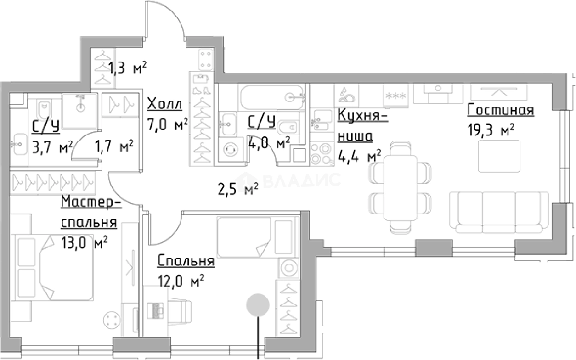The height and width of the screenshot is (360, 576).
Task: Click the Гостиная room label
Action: (500, 111)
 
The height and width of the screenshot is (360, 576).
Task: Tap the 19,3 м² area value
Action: (490, 130)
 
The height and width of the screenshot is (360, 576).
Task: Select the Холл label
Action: (164, 105)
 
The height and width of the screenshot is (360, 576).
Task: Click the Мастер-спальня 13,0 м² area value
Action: (84, 242)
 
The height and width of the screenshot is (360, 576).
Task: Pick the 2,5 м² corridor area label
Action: (237, 188)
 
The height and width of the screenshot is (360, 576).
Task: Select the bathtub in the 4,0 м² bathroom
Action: (271, 97)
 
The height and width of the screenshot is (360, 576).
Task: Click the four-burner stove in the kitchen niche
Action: (321, 153)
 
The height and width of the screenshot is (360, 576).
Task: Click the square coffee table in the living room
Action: (496, 156)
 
